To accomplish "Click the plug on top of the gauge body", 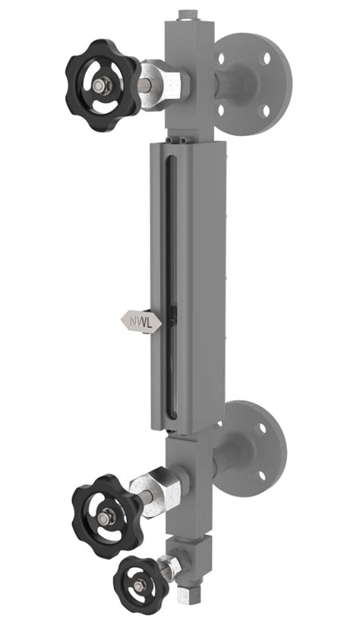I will (x=185, y=14).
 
